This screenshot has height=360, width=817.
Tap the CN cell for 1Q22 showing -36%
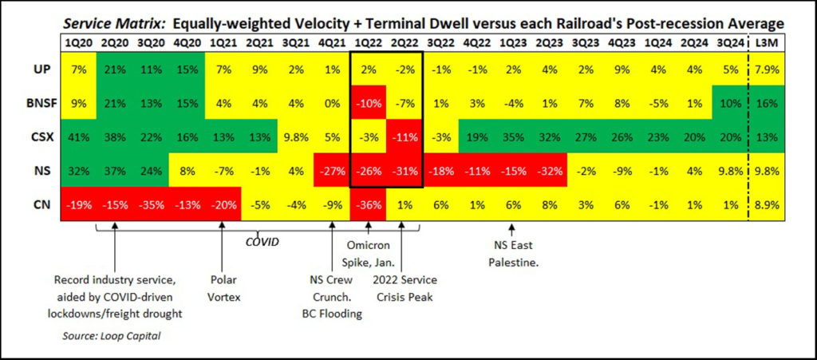click(368, 205)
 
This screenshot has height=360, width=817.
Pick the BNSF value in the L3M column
click(766, 104)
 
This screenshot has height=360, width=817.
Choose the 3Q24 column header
click(730, 42)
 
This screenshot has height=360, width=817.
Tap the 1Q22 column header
click(368, 42)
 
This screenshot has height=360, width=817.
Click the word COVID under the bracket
click(261, 240)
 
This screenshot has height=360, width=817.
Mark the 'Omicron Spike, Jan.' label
click(368, 253)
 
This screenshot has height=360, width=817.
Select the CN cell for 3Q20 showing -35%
click(151, 205)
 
